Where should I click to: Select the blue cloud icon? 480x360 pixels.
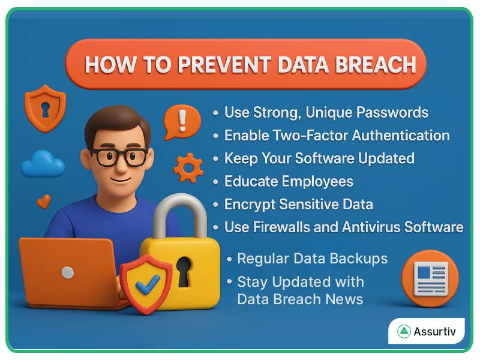coord(43,164)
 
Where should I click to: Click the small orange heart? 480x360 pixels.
coord(44,201)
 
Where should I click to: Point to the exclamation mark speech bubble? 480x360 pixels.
coord(182,122)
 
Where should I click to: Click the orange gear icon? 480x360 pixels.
coord(188,167)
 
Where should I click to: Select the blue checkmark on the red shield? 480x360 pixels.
coord(146,284)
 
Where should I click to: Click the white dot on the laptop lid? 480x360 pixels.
coord(68,272)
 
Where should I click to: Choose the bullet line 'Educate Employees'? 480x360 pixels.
coord(289,181)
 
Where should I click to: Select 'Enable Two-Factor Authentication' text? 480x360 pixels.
coord(337,136)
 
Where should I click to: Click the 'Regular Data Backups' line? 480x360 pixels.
coord(312,259)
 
